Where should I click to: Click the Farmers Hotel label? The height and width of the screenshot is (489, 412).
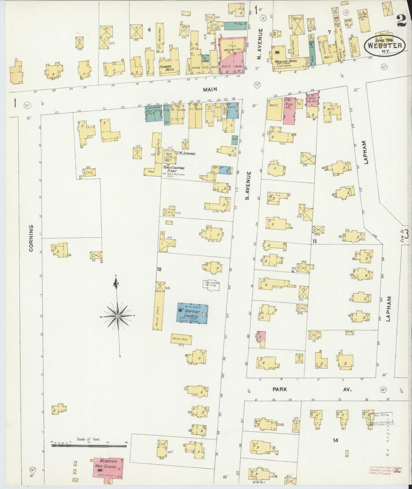click(x=167, y=67)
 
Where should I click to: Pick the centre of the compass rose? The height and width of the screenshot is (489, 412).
click(x=118, y=316)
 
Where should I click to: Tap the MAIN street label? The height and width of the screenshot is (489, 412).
click(x=210, y=89)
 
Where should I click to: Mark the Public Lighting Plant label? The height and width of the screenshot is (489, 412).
click(x=174, y=169)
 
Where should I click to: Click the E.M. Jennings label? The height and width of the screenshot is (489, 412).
click(x=186, y=154)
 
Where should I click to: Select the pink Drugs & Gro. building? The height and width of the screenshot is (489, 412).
click(x=289, y=110)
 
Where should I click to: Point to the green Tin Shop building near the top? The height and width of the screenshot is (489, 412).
click(x=235, y=25)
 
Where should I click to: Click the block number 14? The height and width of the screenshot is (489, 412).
click(x=335, y=440)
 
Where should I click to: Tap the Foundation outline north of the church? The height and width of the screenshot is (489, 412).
click(x=211, y=285)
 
